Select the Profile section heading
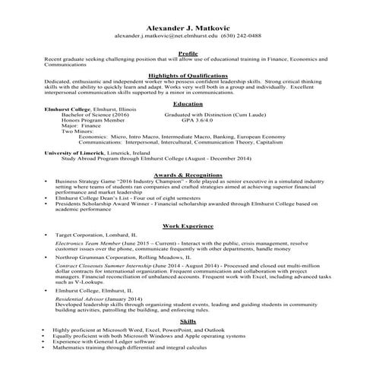[x=188, y=53]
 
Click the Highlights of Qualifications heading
[x=188, y=76]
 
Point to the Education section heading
[x=188, y=103]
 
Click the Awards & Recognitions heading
[x=188, y=175]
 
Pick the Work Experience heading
[x=188, y=226]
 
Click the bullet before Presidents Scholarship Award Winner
[x=47, y=204]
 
